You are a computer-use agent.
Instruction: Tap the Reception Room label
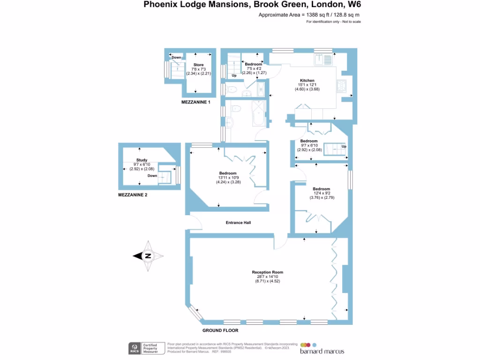click(x=267, y=272)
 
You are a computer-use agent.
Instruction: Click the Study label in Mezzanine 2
click(x=142, y=160)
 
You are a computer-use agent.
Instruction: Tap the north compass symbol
click(x=148, y=256)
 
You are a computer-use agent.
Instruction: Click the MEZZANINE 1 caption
click(x=196, y=102)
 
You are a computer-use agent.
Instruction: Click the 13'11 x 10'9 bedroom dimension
click(x=227, y=178)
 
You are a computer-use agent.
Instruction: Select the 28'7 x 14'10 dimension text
click(x=267, y=277)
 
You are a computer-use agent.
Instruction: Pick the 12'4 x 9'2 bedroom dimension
click(x=321, y=193)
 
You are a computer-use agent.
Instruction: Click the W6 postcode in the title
click(x=354, y=5)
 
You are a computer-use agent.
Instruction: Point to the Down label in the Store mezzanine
click(x=177, y=58)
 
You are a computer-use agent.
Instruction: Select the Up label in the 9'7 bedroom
click(x=344, y=147)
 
